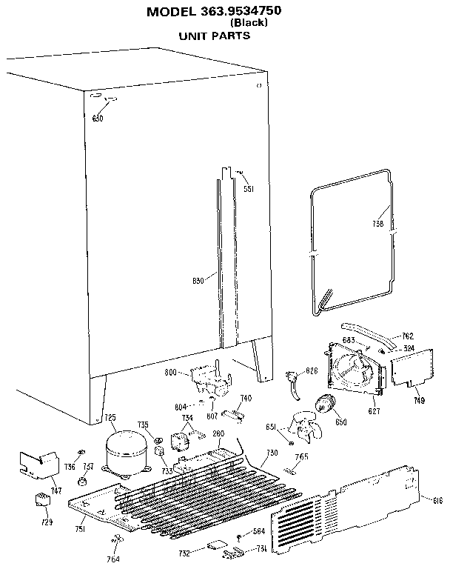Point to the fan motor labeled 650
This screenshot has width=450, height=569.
325,405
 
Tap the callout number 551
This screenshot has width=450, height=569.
249,189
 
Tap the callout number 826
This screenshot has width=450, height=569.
312,370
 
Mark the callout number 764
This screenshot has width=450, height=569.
113,558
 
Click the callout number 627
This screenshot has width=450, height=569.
375,410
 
